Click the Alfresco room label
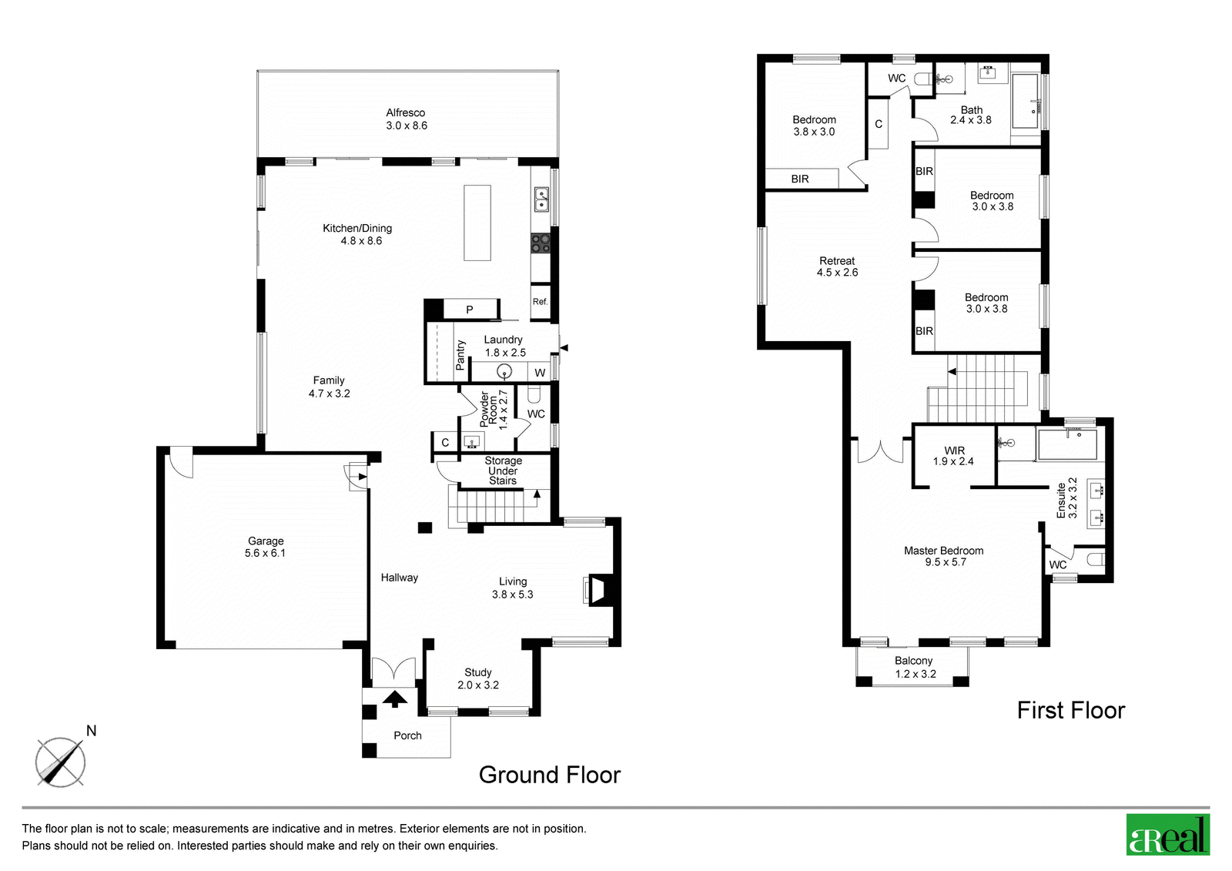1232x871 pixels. pyautogui.click(x=405, y=112)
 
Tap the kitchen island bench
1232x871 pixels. pyautogui.click(x=477, y=223)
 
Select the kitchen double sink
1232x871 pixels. pyautogui.click(x=541, y=199)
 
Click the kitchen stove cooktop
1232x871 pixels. pyautogui.click(x=541, y=243)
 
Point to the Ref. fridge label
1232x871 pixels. pyautogui.click(x=540, y=302)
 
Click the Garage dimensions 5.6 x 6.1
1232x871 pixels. pyautogui.click(x=265, y=553)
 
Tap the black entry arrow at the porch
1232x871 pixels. pyautogui.click(x=395, y=698)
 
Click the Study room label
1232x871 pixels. pyautogui.click(x=478, y=672)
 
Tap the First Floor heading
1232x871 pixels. pyautogui.click(x=1071, y=710)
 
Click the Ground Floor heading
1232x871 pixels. pyautogui.click(x=550, y=775)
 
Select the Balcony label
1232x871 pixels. pyautogui.click(x=913, y=661)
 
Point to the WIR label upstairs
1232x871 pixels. pyautogui.click(x=954, y=451)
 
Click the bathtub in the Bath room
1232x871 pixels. pyautogui.click(x=1026, y=102)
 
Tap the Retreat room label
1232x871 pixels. pyautogui.click(x=837, y=261)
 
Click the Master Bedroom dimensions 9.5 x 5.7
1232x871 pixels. pyautogui.click(x=946, y=562)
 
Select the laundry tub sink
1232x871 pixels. pyautogui.click(x=504, y=373)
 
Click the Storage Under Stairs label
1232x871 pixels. pyautogui.click(x=504, y=471)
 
